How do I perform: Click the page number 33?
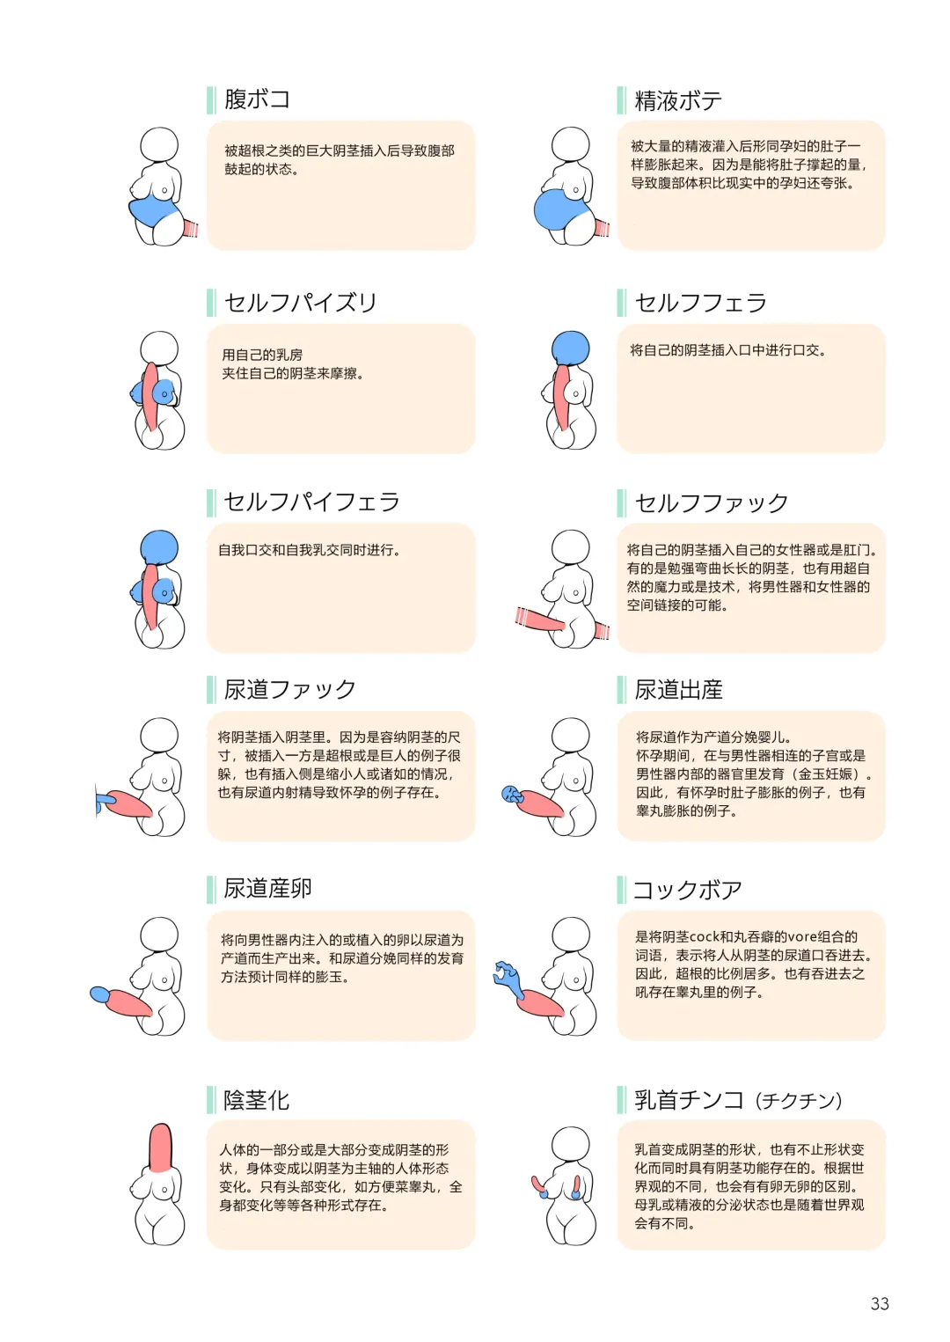(880, 1303)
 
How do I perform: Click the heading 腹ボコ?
(257, 99)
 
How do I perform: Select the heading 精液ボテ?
(677, 100)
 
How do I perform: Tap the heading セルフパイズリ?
(300, 303)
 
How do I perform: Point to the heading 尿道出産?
(678, 690)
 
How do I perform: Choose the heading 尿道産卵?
(267, 889)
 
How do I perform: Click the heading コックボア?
(687, 891)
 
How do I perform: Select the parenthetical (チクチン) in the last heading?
(799, 1101)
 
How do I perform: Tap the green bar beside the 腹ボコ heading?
(211, 100)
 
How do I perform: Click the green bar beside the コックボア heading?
(621, 890)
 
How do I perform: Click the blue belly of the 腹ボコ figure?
(153, 211)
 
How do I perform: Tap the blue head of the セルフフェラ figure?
(570, 348)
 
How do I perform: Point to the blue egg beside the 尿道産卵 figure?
(99, 994)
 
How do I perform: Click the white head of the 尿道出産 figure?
(570, 737)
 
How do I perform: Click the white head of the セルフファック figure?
(570, 548)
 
